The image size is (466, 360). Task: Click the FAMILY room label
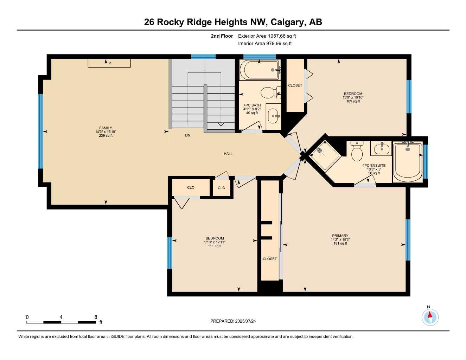tap(106, 128)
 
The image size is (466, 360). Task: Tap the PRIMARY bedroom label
tap(340, 236)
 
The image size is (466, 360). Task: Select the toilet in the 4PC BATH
tap(269, 93)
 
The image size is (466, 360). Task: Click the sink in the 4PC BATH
tap(273, 115)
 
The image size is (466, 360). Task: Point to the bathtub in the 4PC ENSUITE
tap(408, 162)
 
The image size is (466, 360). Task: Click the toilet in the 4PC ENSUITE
tap(357, 152)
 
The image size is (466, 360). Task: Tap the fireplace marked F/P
tap(109, 63)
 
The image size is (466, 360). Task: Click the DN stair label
tap(187, 135)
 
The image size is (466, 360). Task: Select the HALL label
tap(228, 154)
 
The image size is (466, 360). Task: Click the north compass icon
tap(430, 317)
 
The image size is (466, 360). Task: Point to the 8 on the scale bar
tap(96, 317)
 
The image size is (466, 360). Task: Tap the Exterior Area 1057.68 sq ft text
tap(267, 36)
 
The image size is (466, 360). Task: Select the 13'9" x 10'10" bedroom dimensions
tap(353, 97)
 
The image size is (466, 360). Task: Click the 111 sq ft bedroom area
tap(215, 246)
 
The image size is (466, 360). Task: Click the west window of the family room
tap(40, 131)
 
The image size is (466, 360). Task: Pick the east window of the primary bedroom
tap(408, 240)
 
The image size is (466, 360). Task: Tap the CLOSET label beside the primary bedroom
tap(269, 259)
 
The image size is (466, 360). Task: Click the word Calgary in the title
tap(288, 22)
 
